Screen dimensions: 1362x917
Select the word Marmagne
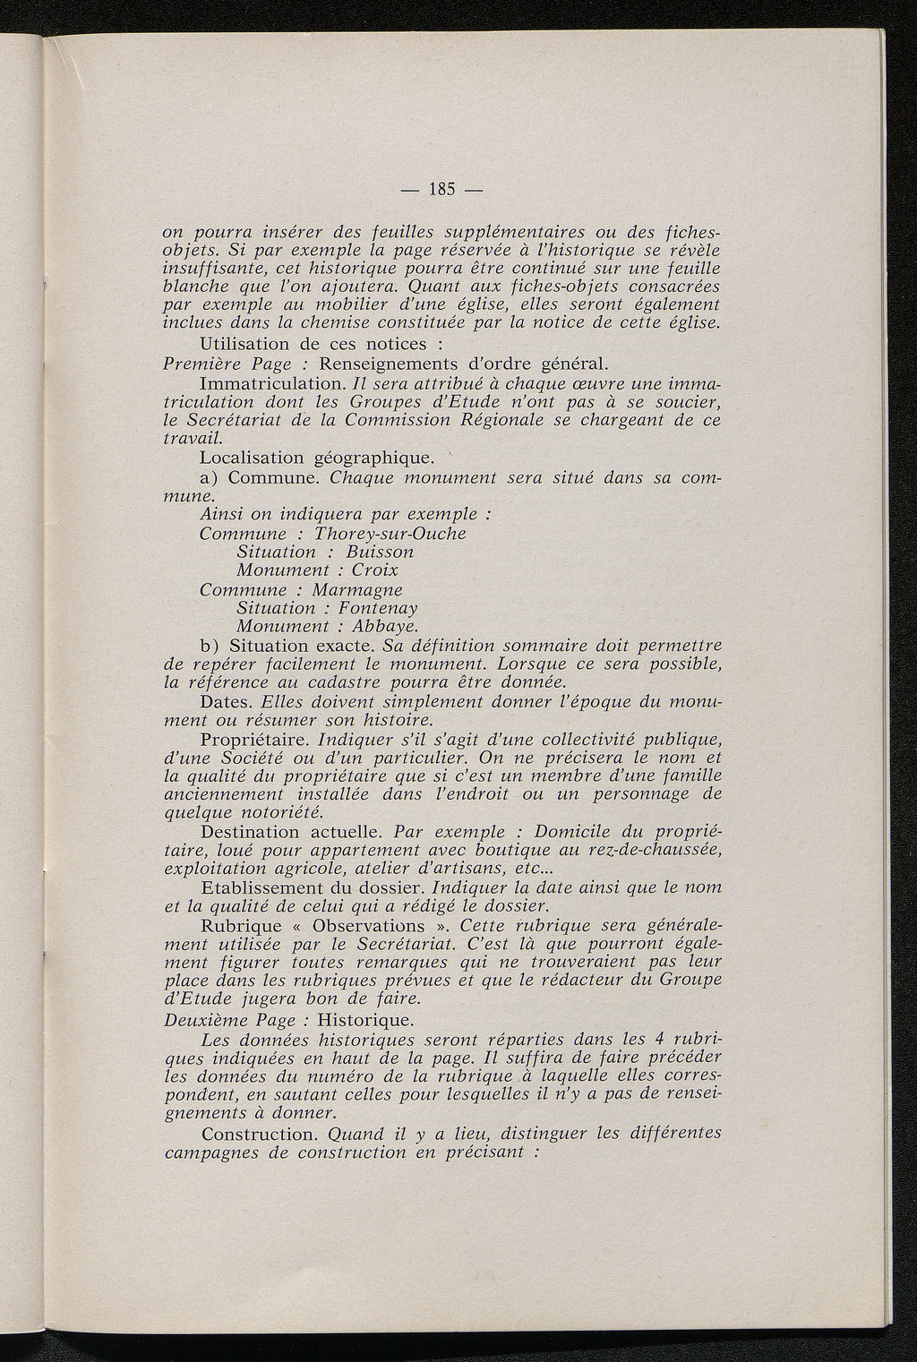coord(357,590)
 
